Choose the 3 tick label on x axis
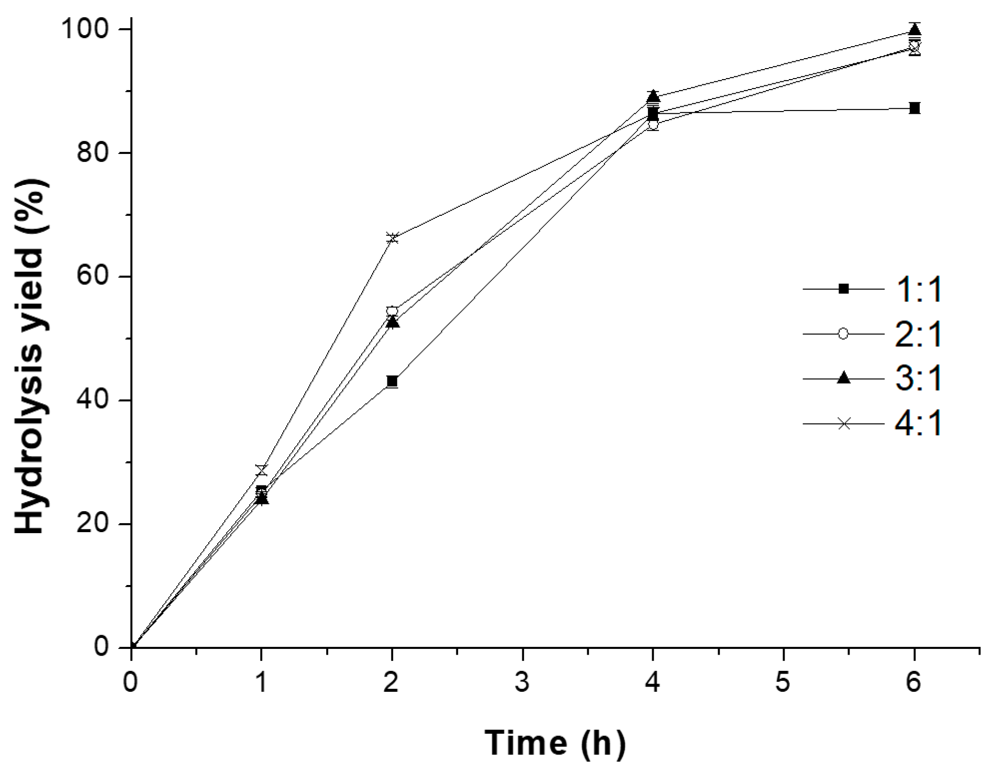pyautogui.click(x=522, y=683)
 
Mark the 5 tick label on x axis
pyautogui.click(x=784, y=683)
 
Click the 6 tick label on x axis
pyautogui.click(x=914, y=683)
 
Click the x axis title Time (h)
pyautogui.click(x=555, y=742)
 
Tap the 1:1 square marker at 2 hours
pyautogui.click(x=392, y=381)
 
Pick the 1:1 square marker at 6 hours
pyautogui.click(x=914, y=108)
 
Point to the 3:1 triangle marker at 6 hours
pyautogui.click(x=914, y=30)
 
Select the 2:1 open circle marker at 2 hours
pyautogui.click(x=392, y=311)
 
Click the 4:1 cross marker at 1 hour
pyautogui.click(x=261, y=469)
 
